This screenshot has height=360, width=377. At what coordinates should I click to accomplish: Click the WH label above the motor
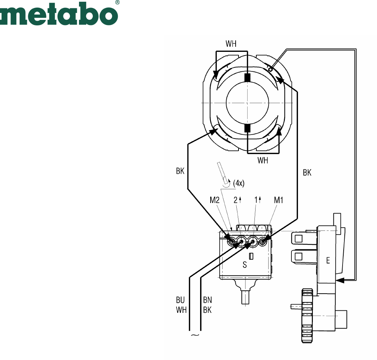231,44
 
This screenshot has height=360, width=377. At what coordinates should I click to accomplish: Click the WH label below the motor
262,160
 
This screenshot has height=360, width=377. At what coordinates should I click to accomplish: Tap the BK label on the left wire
180,171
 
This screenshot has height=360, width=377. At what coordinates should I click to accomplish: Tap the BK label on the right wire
307,173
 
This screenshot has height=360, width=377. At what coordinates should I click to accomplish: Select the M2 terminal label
215,200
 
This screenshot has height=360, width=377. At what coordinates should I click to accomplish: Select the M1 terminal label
278,200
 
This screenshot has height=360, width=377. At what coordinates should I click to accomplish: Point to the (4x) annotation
239,183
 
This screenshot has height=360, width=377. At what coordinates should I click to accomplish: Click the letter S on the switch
245,265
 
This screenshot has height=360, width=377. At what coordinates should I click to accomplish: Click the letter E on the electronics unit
328,260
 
